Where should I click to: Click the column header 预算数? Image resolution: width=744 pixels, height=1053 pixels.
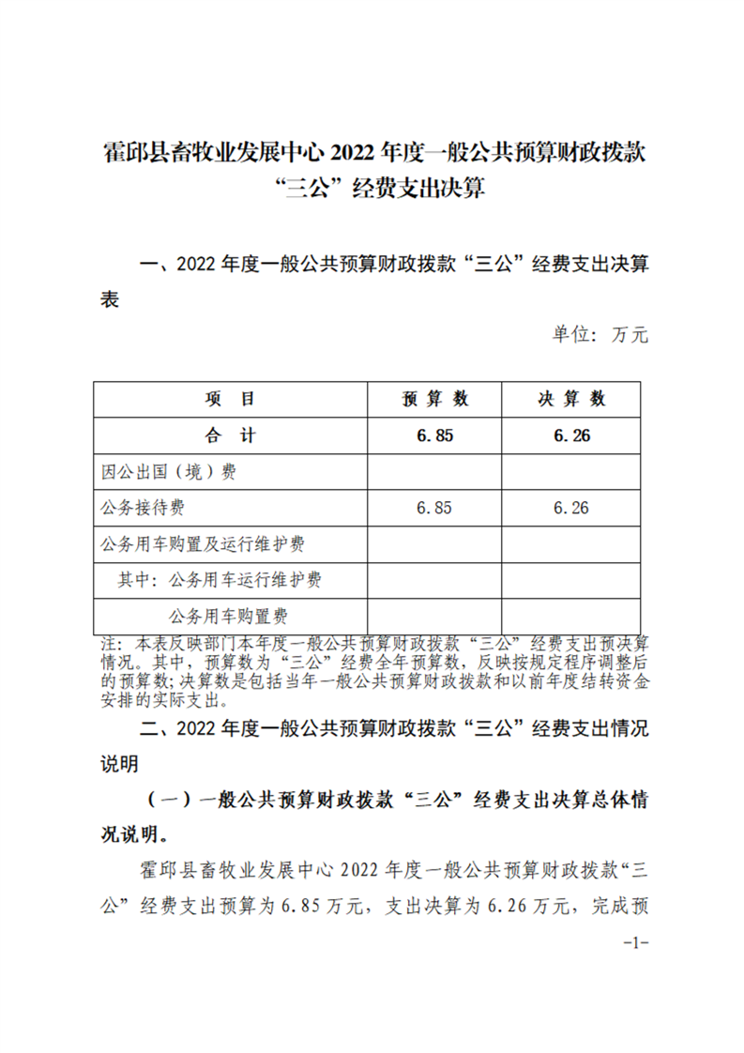click(434, 399)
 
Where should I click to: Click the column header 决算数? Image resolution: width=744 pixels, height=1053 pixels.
click(571, 399)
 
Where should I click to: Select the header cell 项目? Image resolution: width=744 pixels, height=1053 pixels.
click(230, 399)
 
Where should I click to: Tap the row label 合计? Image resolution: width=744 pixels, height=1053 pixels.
click(230, 435)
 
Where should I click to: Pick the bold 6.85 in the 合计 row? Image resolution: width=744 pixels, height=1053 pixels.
click(434, 435)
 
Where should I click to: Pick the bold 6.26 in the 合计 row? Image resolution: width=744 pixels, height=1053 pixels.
click(571, 435)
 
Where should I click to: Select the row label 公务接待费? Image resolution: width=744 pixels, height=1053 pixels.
click(142, 508)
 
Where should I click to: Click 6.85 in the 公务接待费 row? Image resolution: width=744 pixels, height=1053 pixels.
click(434, 508)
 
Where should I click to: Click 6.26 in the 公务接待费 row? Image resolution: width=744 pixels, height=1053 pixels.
click(571, 508)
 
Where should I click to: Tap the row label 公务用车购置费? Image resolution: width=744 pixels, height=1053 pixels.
click(227, 617)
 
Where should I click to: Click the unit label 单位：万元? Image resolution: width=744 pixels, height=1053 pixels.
click(600, 334)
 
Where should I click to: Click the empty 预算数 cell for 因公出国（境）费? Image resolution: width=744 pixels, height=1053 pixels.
click(434, 472)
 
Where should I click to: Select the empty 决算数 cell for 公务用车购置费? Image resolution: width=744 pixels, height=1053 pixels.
click(571, 617)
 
